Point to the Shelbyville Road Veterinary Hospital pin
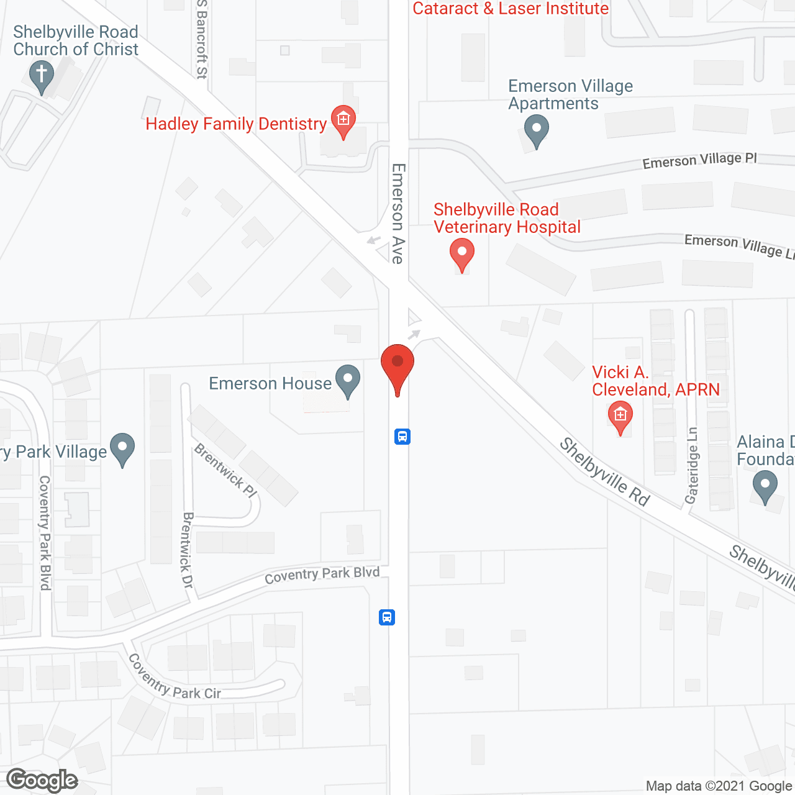pyautogui.click(x=461, y=254)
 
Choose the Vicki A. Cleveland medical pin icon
pyautogui.click(x=620, y=416)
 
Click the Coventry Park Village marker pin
pyautogui.click(x=122, y=448)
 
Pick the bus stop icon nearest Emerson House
pyautogui.click(x=402, y=437)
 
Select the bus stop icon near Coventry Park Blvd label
pyautogui.click(x=387, y=617)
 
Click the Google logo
pyautogui.click(x=42, y=780)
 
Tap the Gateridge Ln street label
pyautogui.click(x=692, y=466)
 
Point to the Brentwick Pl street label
pyautogui.click(x=225, y=470)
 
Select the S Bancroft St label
pyautogui.click(x=201, y=39)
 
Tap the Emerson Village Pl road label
pyautogui.click(x=699, y=160)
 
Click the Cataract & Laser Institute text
pyautogui.click(x=511, y=9)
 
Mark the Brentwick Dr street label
pyautogui.click(x=188, y=550)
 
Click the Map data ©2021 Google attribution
pyautogui.click(x=719, y=786)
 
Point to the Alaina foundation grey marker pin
pyautogui.click(x=765, y=486)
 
